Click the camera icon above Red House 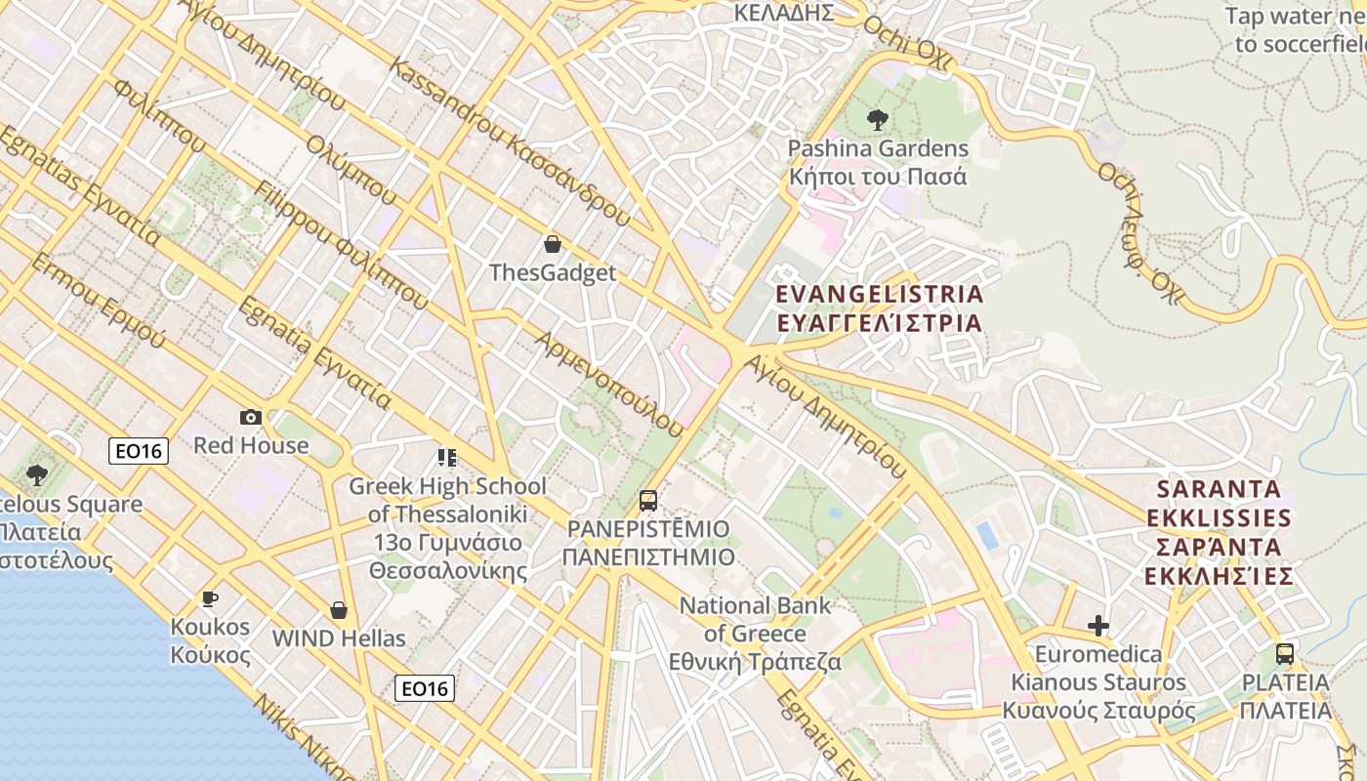tap(251, 418)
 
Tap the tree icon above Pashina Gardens tap(877, 120)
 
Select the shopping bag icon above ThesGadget tap(553, 244)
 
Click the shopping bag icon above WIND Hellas tap(339, 610)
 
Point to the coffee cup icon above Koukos tap(209, 598)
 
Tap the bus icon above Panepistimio tap(648, 502)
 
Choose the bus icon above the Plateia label tap(1285, 654)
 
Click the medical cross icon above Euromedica tap(1098, 626)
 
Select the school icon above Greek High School tap(447, 457)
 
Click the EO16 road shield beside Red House tap(139, 450)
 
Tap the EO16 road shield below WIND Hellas tap(426, 688)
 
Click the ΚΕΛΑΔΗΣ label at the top tap(783, 13)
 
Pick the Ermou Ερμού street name tap(98, 301)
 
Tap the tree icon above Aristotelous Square tap(37, 476)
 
